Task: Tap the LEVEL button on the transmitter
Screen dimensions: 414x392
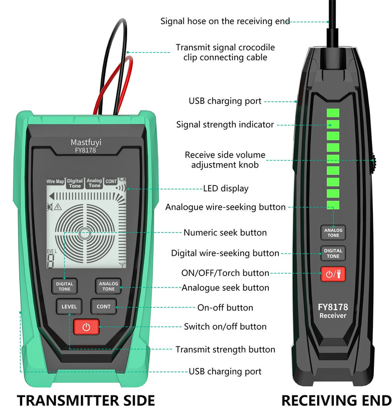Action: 69,307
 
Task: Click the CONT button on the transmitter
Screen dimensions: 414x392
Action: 104,307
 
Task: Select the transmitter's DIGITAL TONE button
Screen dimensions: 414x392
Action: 64,287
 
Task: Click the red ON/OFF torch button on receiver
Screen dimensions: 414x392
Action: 333,274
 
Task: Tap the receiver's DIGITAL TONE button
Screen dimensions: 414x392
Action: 333,253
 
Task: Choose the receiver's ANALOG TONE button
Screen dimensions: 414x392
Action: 333,232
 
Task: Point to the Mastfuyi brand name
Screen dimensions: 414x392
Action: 86,143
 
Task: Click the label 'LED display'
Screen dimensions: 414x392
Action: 226,189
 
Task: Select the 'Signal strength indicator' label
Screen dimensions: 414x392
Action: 225,124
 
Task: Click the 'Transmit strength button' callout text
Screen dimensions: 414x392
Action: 225,349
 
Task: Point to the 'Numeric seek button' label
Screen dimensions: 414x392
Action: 225,232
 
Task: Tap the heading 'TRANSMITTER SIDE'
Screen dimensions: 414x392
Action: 86,400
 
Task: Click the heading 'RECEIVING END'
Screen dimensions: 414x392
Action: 336,400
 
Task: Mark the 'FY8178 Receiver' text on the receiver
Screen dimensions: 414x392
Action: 333,311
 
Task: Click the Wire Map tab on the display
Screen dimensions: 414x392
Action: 55,181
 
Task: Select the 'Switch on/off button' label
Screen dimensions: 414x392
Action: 225,326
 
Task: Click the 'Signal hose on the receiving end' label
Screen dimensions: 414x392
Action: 225,21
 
